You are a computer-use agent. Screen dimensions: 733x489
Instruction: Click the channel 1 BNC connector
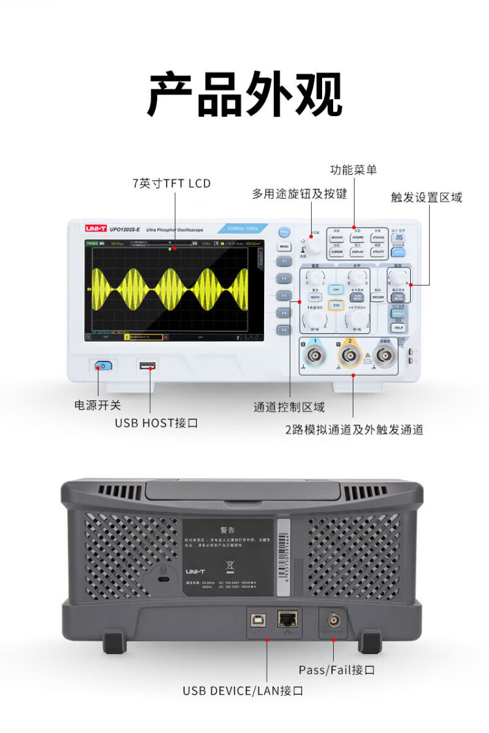pyautogui.click(x=316, y=355)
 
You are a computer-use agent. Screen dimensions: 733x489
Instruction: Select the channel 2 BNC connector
pyautogui.click(x=351, y=355)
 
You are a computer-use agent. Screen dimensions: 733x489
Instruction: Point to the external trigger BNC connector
pyautogui.click(x=385, y=355)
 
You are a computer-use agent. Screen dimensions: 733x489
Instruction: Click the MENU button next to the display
pyautogui.click(x=284, y=247)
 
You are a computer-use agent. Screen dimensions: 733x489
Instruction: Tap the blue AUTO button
pyautogui.click(x=398, y=252)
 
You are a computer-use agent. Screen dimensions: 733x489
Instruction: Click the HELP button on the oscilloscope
pyautogui.click(x=398, y=327)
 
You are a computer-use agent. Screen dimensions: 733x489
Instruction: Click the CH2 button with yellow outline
pyautogui.click(x=336, y=305)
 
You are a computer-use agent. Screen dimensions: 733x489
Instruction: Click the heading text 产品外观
pyautogui.click(x=244, y=95)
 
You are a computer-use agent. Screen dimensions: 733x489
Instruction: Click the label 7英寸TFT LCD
pyautogui.click(x=171, y=183)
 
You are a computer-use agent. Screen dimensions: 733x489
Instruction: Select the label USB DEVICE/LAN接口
pyautogui.click(x=243, y=691)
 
